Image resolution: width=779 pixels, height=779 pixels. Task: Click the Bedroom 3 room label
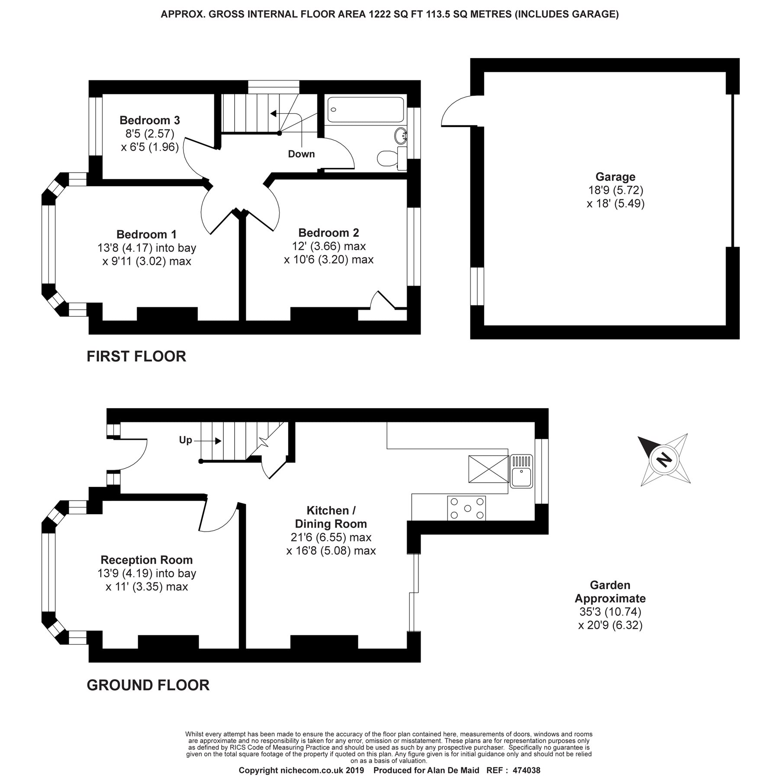150,120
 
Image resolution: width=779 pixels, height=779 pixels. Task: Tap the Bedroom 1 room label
147,234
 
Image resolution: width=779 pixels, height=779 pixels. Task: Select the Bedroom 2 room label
328,233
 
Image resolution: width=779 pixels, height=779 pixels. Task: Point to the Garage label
615,177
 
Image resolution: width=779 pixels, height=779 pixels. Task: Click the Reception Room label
147,560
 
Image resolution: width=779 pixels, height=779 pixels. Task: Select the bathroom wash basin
401,136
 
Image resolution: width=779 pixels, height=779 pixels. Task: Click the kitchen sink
521,470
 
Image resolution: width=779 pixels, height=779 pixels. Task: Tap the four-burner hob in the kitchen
467,508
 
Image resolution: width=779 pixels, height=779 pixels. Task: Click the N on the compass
663,459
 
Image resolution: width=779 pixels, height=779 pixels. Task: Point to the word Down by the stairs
302,154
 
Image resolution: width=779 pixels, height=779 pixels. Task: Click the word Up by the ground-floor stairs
185,440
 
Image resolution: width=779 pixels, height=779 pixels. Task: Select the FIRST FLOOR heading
136,356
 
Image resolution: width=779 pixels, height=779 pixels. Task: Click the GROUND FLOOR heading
148,685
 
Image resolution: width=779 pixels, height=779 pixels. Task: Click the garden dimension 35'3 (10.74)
610,612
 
